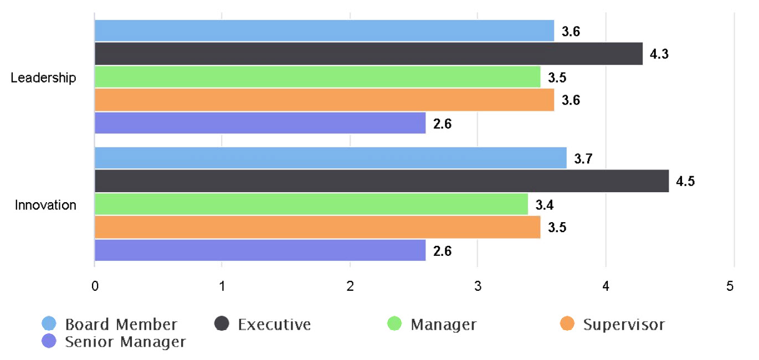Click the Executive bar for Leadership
(x=368, y=54)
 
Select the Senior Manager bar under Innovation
(x=260, y=250)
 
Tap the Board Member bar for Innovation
(x=330, y=158)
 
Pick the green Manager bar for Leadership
(x=317, y=77)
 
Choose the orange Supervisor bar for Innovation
(x=317, y=227)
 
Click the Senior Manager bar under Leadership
(x=260, y=123)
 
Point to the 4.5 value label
(x=685, y=182)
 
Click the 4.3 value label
(x=659, y=54)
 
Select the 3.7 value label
(x=583, y=159)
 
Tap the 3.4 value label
(x=545, y=205)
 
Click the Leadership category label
(x=43, y=78)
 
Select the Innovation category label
(x=45, y=205)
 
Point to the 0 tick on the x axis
(x=95, y=286)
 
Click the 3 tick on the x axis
(x=478, y=286)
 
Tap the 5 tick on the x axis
(x=730, y=286)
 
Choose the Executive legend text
(x=274, y=324)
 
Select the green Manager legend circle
(x=394, y=324)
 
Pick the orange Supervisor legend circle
(x=567, y=324)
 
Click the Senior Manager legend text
(x=125, y=342)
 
